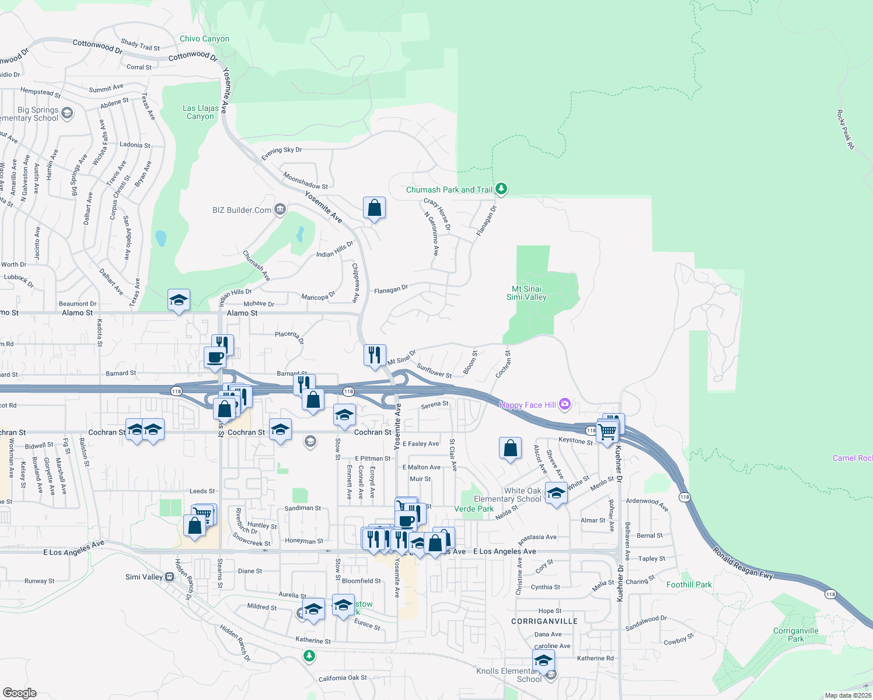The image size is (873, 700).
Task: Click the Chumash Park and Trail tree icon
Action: pyautogui.click(x=501, y=189)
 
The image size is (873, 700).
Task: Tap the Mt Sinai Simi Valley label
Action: pyautogui.click(x=526, y=293)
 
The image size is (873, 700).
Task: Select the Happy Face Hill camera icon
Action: pyautogui.click(x=564, y=404)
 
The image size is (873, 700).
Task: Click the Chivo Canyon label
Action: pyautogui.click(x=204, y=38)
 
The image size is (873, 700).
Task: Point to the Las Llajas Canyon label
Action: pyautogui.click(x=200, y=112)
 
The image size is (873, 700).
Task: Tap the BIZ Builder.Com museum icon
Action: pyautogui.click(x=280, y=209)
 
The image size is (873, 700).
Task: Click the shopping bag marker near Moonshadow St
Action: pyautogui.click(x=374, y=208)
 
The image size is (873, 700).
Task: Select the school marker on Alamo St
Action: pyautogui.click(x=179, y=300)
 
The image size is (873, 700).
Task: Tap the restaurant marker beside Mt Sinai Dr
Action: pyautogui.click(x=375, y=355)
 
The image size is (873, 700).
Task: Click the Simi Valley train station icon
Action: pyautogui.click(x=169, y=577)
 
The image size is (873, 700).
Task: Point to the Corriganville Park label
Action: pyautogui.click(x=795, y=635)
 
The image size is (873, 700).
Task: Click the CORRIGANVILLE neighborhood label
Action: pyautogui.click(x=544, y=621)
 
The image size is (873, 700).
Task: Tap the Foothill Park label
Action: pyautogui.click(x=689, y=584)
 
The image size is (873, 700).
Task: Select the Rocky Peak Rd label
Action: pyautogui.click(x=845, y=129)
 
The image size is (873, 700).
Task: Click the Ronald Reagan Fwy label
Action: pyautogui.click(x=743, y=563)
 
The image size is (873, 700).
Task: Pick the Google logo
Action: pyautogui.click(x=19, y=693)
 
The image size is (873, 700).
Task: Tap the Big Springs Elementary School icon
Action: pyautogui.click(x=67, y=113)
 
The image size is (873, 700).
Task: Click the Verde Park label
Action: pyautogui.click(x=474, y=509)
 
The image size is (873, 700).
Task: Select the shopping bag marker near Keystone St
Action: pyautogui.click(x=510, y=449)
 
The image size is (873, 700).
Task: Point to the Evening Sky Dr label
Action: pyautogui.click(x=281, y=153)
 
